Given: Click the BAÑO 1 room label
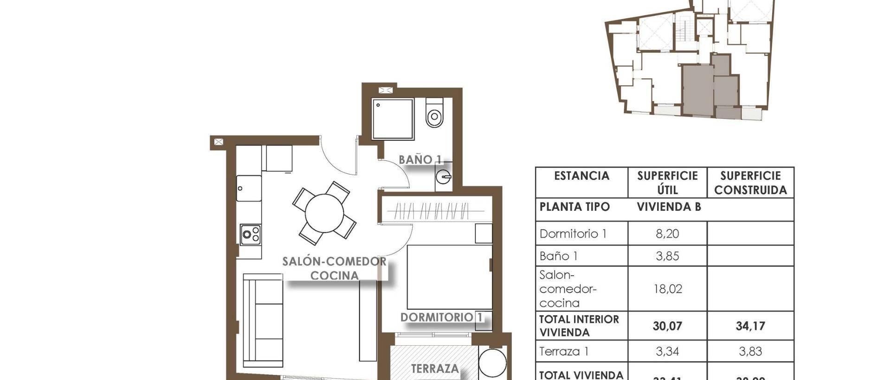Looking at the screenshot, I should click(420, 160).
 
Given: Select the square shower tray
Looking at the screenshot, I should click(393, 119).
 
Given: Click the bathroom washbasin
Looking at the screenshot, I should click(444, 177).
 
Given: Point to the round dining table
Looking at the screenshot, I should click(324, 213).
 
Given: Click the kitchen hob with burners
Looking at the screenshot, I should click(250, 234).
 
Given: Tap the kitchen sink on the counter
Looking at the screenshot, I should click(249, 188).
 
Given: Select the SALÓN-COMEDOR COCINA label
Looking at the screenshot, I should click(334, 268).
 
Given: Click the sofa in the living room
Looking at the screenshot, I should click(263, 320).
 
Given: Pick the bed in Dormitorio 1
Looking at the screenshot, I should click(449, 277).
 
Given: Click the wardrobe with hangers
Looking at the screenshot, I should click(436, 211).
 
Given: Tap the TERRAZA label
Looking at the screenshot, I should click(435, 369).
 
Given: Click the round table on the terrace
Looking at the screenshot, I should click(492, 363).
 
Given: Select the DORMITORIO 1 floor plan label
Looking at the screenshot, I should click(441, 317).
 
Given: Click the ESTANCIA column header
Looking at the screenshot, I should click(581, 176).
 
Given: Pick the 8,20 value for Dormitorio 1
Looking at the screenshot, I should click(667, 234).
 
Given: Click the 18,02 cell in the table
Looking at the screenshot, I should click(667, 289).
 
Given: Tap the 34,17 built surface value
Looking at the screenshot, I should click(750, 326).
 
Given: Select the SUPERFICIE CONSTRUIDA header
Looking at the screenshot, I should click(750, 183).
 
